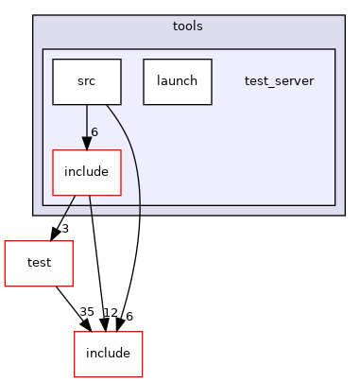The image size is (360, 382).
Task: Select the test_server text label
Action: point(279,81)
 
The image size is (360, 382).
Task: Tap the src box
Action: point(87,81)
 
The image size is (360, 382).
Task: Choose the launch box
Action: point(178,81)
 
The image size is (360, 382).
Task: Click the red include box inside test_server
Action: point(87,172)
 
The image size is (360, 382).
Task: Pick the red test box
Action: point(39,263)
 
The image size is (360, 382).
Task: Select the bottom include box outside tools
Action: point(108,354)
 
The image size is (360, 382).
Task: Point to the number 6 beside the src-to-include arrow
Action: point(94,131)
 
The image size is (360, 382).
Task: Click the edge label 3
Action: point(65,229)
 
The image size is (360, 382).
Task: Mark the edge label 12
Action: point(110,313)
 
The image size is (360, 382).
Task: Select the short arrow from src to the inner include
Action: point(87,123)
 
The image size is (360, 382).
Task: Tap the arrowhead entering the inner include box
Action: point(87,144)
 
